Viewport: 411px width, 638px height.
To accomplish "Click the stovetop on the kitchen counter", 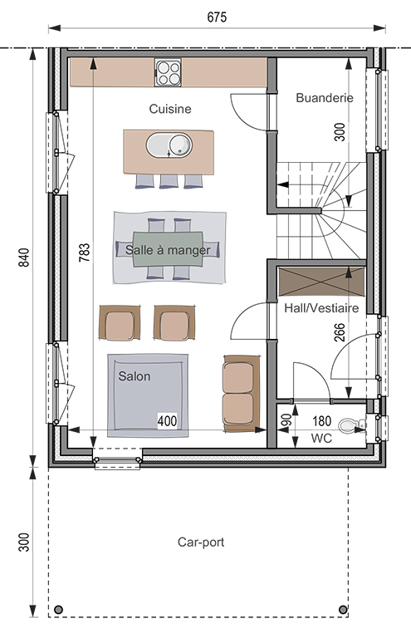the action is tap(168, 72).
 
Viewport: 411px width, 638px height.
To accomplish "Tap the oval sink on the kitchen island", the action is tap(169, 145).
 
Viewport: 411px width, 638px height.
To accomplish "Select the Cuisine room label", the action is tap(170, 109).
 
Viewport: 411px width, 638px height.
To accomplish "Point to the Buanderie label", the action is tap(325, 98).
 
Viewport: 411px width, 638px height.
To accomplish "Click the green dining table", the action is tap(168, 249).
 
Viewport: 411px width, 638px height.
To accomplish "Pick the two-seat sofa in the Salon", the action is tap(242, 394).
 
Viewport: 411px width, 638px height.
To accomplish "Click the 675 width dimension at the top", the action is tap(217, 17).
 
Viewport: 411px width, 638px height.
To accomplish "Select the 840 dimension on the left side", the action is tap(24, 258).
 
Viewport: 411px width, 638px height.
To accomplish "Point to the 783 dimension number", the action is tap(84, 253).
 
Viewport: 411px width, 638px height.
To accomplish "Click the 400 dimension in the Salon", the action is tap(167, 420).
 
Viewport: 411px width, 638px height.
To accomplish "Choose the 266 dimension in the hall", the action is tap(340, 332).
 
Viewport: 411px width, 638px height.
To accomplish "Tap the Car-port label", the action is tap(201, 542).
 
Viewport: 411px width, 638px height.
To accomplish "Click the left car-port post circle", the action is tap(59, 609).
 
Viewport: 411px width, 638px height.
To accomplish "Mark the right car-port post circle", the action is tap(343, 609).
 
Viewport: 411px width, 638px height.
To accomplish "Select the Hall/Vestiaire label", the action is tap(321, 308).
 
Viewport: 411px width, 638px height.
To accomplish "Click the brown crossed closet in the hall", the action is tap(320, 281).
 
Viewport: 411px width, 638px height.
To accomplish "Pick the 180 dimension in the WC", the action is tap(321, 420).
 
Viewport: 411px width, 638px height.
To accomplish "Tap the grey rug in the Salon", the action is tap(148, 395).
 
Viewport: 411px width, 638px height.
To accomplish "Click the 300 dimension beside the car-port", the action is tap(24, 542).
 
